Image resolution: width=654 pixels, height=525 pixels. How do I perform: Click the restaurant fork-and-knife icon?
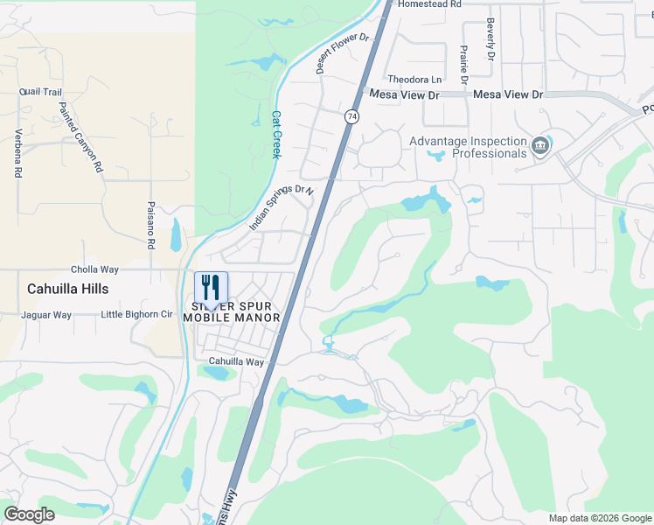[211, 287]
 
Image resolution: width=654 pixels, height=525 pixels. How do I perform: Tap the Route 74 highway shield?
[351, 116]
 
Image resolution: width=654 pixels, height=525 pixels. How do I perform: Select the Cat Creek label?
[276, 134]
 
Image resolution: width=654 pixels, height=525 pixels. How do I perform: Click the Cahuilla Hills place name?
[66, 288]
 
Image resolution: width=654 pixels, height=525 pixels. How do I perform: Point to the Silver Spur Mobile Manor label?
[232, 311]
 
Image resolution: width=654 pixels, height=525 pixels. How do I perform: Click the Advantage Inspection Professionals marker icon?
[539, 144]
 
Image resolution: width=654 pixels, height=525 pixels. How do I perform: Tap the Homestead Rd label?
[428, 4]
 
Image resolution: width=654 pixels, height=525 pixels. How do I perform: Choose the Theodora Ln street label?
[415, 79]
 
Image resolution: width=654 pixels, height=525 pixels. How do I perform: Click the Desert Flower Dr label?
[344, 53]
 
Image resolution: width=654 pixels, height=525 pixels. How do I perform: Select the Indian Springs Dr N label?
[281, 206]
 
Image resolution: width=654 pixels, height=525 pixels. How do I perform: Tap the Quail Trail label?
[40, 91]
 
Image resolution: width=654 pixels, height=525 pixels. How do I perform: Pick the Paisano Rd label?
[150, 226]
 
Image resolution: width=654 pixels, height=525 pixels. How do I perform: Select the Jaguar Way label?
[46, 315]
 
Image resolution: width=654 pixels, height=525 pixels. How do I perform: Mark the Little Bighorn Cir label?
[136, 315]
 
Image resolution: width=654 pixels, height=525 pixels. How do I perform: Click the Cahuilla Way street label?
[236, 361]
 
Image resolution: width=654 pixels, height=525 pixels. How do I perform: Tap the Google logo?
[29, 514]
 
